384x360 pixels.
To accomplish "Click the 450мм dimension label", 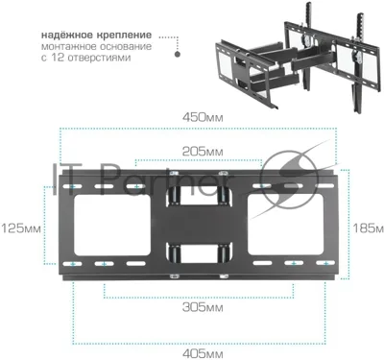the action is [203, 117].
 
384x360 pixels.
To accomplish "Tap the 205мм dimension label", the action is [203, 151].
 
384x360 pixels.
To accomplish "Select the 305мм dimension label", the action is [203, 307].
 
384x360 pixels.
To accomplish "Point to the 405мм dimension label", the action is [203, 353].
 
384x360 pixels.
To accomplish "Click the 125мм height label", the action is [21, 228].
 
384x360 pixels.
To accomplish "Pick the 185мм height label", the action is [368, 228].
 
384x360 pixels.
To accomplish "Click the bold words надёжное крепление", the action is [96, 35].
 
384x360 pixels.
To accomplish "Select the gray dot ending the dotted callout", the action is [178, 54].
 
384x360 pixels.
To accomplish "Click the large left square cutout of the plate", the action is [112, 226].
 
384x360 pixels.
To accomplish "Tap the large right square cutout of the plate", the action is [286, 225].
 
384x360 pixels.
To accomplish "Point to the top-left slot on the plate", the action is [73, 186].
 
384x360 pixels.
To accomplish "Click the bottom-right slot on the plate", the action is [325, 263].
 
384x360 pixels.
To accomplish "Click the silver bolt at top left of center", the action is [174, 174].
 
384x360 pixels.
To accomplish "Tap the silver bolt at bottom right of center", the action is [224, 276].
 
